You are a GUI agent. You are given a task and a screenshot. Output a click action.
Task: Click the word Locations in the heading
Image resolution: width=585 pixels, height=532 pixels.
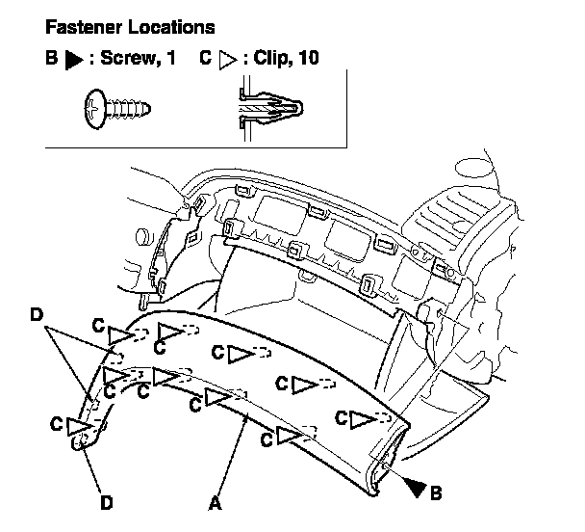171,27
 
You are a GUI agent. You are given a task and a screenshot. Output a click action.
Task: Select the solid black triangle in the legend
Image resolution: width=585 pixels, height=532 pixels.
73,60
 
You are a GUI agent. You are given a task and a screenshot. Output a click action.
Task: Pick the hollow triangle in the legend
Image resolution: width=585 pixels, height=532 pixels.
228,60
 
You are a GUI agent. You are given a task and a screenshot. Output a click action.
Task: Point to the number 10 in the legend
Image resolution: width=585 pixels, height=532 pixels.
308,58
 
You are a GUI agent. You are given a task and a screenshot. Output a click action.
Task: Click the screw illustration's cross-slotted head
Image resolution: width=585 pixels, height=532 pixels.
94,109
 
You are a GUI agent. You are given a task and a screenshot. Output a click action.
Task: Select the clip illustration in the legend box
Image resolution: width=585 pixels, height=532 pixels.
270,109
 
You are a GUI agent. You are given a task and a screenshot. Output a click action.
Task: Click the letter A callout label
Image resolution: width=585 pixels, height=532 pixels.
215,503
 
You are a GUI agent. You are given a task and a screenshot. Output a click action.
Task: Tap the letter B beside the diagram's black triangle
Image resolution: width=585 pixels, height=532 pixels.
436,492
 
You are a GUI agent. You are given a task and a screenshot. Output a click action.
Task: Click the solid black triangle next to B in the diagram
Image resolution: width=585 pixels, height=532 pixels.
417,488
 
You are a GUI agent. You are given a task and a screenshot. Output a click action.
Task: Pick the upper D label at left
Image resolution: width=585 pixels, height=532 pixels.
37,315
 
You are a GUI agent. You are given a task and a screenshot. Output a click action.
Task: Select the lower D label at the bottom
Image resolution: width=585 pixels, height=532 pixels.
107,503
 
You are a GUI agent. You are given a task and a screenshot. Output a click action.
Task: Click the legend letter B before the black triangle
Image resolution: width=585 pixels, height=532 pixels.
52,58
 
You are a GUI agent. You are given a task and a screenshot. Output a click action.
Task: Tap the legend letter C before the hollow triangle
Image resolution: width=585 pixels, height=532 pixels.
206,58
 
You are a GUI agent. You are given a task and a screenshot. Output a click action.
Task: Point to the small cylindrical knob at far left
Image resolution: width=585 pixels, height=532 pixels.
142,236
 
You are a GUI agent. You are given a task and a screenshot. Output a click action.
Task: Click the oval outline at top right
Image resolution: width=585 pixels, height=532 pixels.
474,168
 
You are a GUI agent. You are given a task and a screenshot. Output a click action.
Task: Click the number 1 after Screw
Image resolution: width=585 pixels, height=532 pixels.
171,58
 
